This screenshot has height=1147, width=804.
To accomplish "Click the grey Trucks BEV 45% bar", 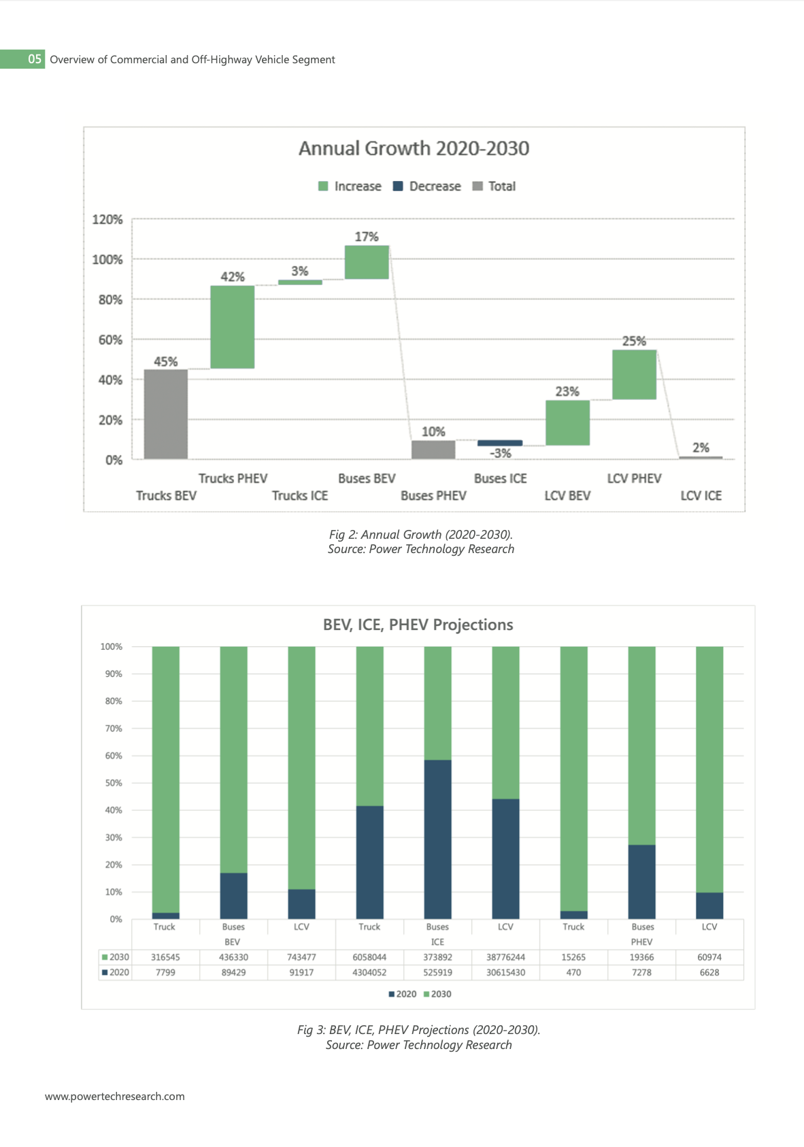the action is (x=165, y=414).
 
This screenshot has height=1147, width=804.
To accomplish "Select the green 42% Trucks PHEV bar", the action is (x=232, y=327).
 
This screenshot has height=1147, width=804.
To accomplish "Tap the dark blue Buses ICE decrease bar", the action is (x=500, y=442).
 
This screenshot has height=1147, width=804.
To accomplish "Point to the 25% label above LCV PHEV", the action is (x=634, y=341).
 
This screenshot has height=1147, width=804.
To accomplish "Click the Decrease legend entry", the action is (x=426, y=186).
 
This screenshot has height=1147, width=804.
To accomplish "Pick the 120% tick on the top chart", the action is (x=107, y=219).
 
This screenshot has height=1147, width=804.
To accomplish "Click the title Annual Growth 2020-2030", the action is (x=414, y=148).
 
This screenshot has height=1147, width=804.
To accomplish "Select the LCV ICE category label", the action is (x=701, y=495).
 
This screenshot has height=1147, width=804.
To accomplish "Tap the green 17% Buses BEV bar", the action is (x=367, y=262).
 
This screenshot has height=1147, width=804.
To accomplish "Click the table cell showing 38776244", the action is (x=505, y=957).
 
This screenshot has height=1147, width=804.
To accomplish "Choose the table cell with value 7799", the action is (x=165, y=972).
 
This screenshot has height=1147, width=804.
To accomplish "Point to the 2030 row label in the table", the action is (x=115, y=957).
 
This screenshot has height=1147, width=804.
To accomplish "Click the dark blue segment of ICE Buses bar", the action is (x=438, y=840).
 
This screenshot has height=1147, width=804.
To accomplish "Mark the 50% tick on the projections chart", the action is (x=113, y=782).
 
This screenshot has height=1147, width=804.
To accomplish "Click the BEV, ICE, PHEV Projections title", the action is (x=418, y=625).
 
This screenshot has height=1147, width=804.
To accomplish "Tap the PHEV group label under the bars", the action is (x=641, y=942).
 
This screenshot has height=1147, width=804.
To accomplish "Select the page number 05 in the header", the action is (x=34, y=59).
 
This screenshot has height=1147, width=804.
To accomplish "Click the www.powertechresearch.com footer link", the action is (x=115, y=1096).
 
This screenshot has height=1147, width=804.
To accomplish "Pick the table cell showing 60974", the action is (x=709, y=957).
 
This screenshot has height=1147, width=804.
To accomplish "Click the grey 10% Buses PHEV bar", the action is (x=433, y=450).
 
